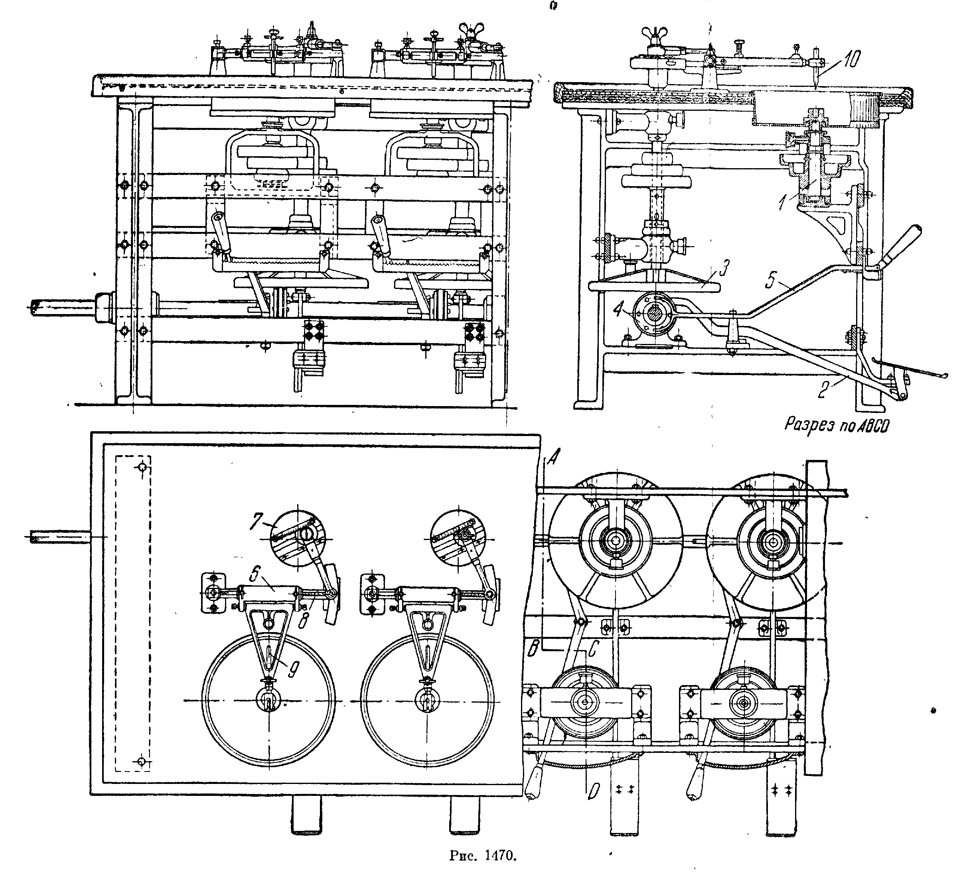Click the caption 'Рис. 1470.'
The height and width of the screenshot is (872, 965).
(483, 855)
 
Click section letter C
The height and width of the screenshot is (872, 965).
(592, 648)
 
